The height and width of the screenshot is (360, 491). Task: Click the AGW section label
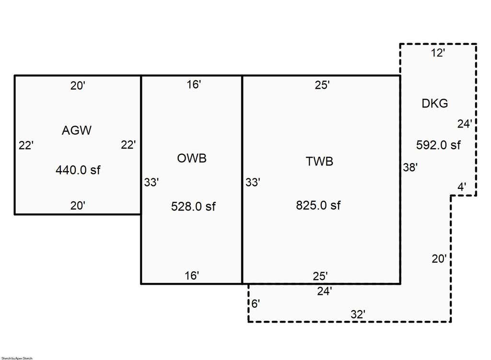[77, 130]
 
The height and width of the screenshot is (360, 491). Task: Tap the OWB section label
[192, 158]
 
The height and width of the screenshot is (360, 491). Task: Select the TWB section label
[319, 161]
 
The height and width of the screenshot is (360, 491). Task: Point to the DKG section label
[434, 104]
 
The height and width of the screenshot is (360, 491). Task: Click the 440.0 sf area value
[78, 170]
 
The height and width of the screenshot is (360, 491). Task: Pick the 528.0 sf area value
[193, 206]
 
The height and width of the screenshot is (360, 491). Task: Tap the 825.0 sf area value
[318, 205]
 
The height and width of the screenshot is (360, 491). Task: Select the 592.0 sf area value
[438, 145]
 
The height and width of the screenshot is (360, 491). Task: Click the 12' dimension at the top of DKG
[438, 53]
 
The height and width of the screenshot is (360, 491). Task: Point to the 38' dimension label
[410, 167]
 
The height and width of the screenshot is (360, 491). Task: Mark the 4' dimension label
[462, 187]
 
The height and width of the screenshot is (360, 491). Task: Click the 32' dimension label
[358, 314]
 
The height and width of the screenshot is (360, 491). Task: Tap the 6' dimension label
[256, 303]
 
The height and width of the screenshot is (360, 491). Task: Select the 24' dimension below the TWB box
[325, 291]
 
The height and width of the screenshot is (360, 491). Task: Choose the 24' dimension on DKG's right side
[464, 124]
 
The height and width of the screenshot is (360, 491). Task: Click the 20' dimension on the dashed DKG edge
[439, 258]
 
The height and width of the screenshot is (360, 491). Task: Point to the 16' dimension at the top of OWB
[194, 84]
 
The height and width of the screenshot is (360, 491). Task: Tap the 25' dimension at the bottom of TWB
[320, 276]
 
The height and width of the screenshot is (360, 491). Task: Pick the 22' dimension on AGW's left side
[26, 146]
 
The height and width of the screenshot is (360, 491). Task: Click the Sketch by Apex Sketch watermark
[17, 358]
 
